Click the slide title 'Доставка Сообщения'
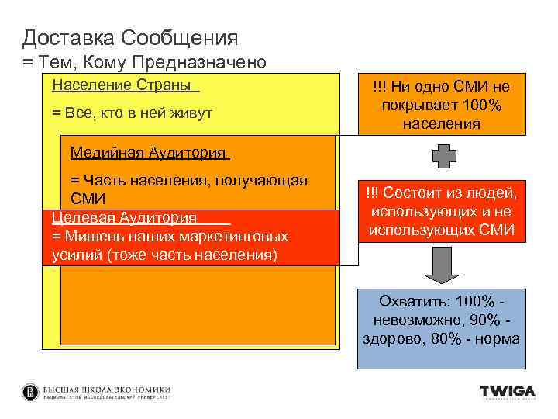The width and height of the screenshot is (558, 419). [x=129, y=37]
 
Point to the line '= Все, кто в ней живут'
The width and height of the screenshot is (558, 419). [x=132, y=113]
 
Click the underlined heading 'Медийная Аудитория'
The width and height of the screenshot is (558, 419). [x=150, y=152]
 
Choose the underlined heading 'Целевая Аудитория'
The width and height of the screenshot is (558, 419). [x=124, y=218]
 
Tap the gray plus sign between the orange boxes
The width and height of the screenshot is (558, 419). [x=441, y=156]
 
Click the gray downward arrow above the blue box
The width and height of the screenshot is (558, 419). [x=441, y=269]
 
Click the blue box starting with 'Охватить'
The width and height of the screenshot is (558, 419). [x=441, y=327]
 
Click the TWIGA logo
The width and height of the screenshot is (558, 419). [x=508, y=393]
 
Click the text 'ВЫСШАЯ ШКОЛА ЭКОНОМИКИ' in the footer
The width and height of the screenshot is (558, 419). [x=106, y=390]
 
